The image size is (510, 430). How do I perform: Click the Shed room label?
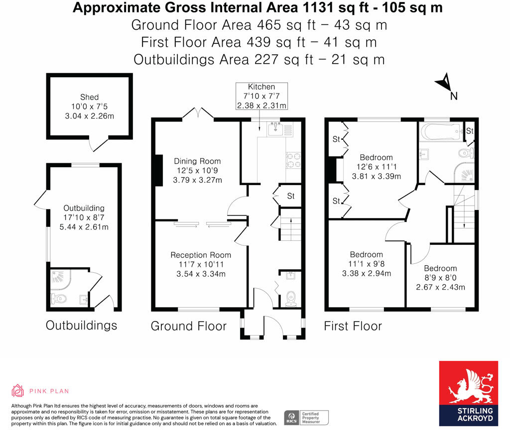click(89, 97)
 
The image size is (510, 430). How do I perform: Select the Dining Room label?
click(197, 161)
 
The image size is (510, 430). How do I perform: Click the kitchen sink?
click(275, 129)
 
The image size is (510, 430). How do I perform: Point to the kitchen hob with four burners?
click(293, 160)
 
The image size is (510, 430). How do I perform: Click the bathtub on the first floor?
click(441, 132)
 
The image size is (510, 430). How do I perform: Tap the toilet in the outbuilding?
click(59, 299)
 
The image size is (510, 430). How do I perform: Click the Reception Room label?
click(201, 255)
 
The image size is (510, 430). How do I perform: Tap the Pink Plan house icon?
click(18, 391)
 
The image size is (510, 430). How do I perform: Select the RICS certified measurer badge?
click(306, 417)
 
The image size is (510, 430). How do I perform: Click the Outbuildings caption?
click(81, 325)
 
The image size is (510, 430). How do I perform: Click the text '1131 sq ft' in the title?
click(311, 7)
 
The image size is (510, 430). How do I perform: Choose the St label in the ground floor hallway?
click(291, 196)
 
